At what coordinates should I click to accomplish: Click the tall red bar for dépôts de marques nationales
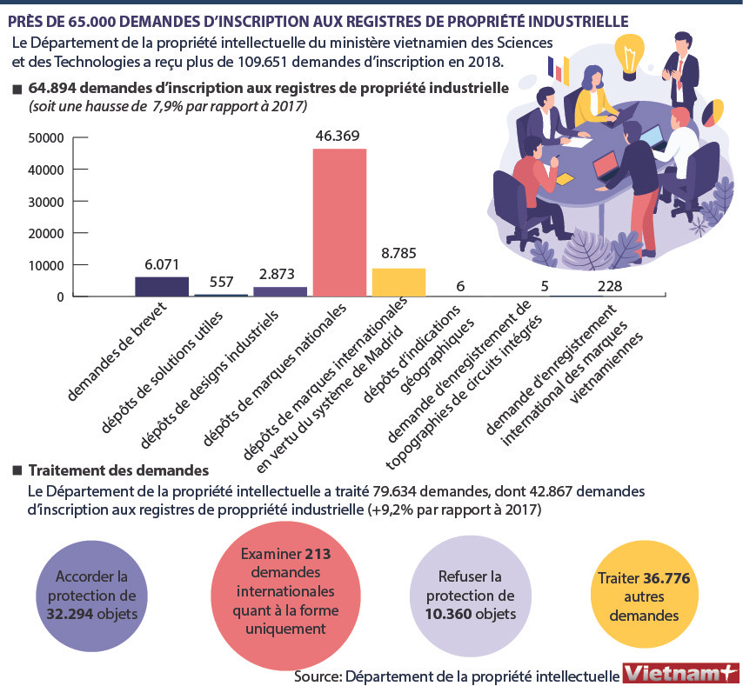pos(339,223)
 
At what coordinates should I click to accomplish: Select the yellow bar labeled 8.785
pos(398,282)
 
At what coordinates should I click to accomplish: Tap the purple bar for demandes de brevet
pos(162,287)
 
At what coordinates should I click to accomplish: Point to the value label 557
pos(221,283)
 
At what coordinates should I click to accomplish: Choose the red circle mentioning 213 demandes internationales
pos(273,590)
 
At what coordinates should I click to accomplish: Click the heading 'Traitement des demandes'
pos(118,470)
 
